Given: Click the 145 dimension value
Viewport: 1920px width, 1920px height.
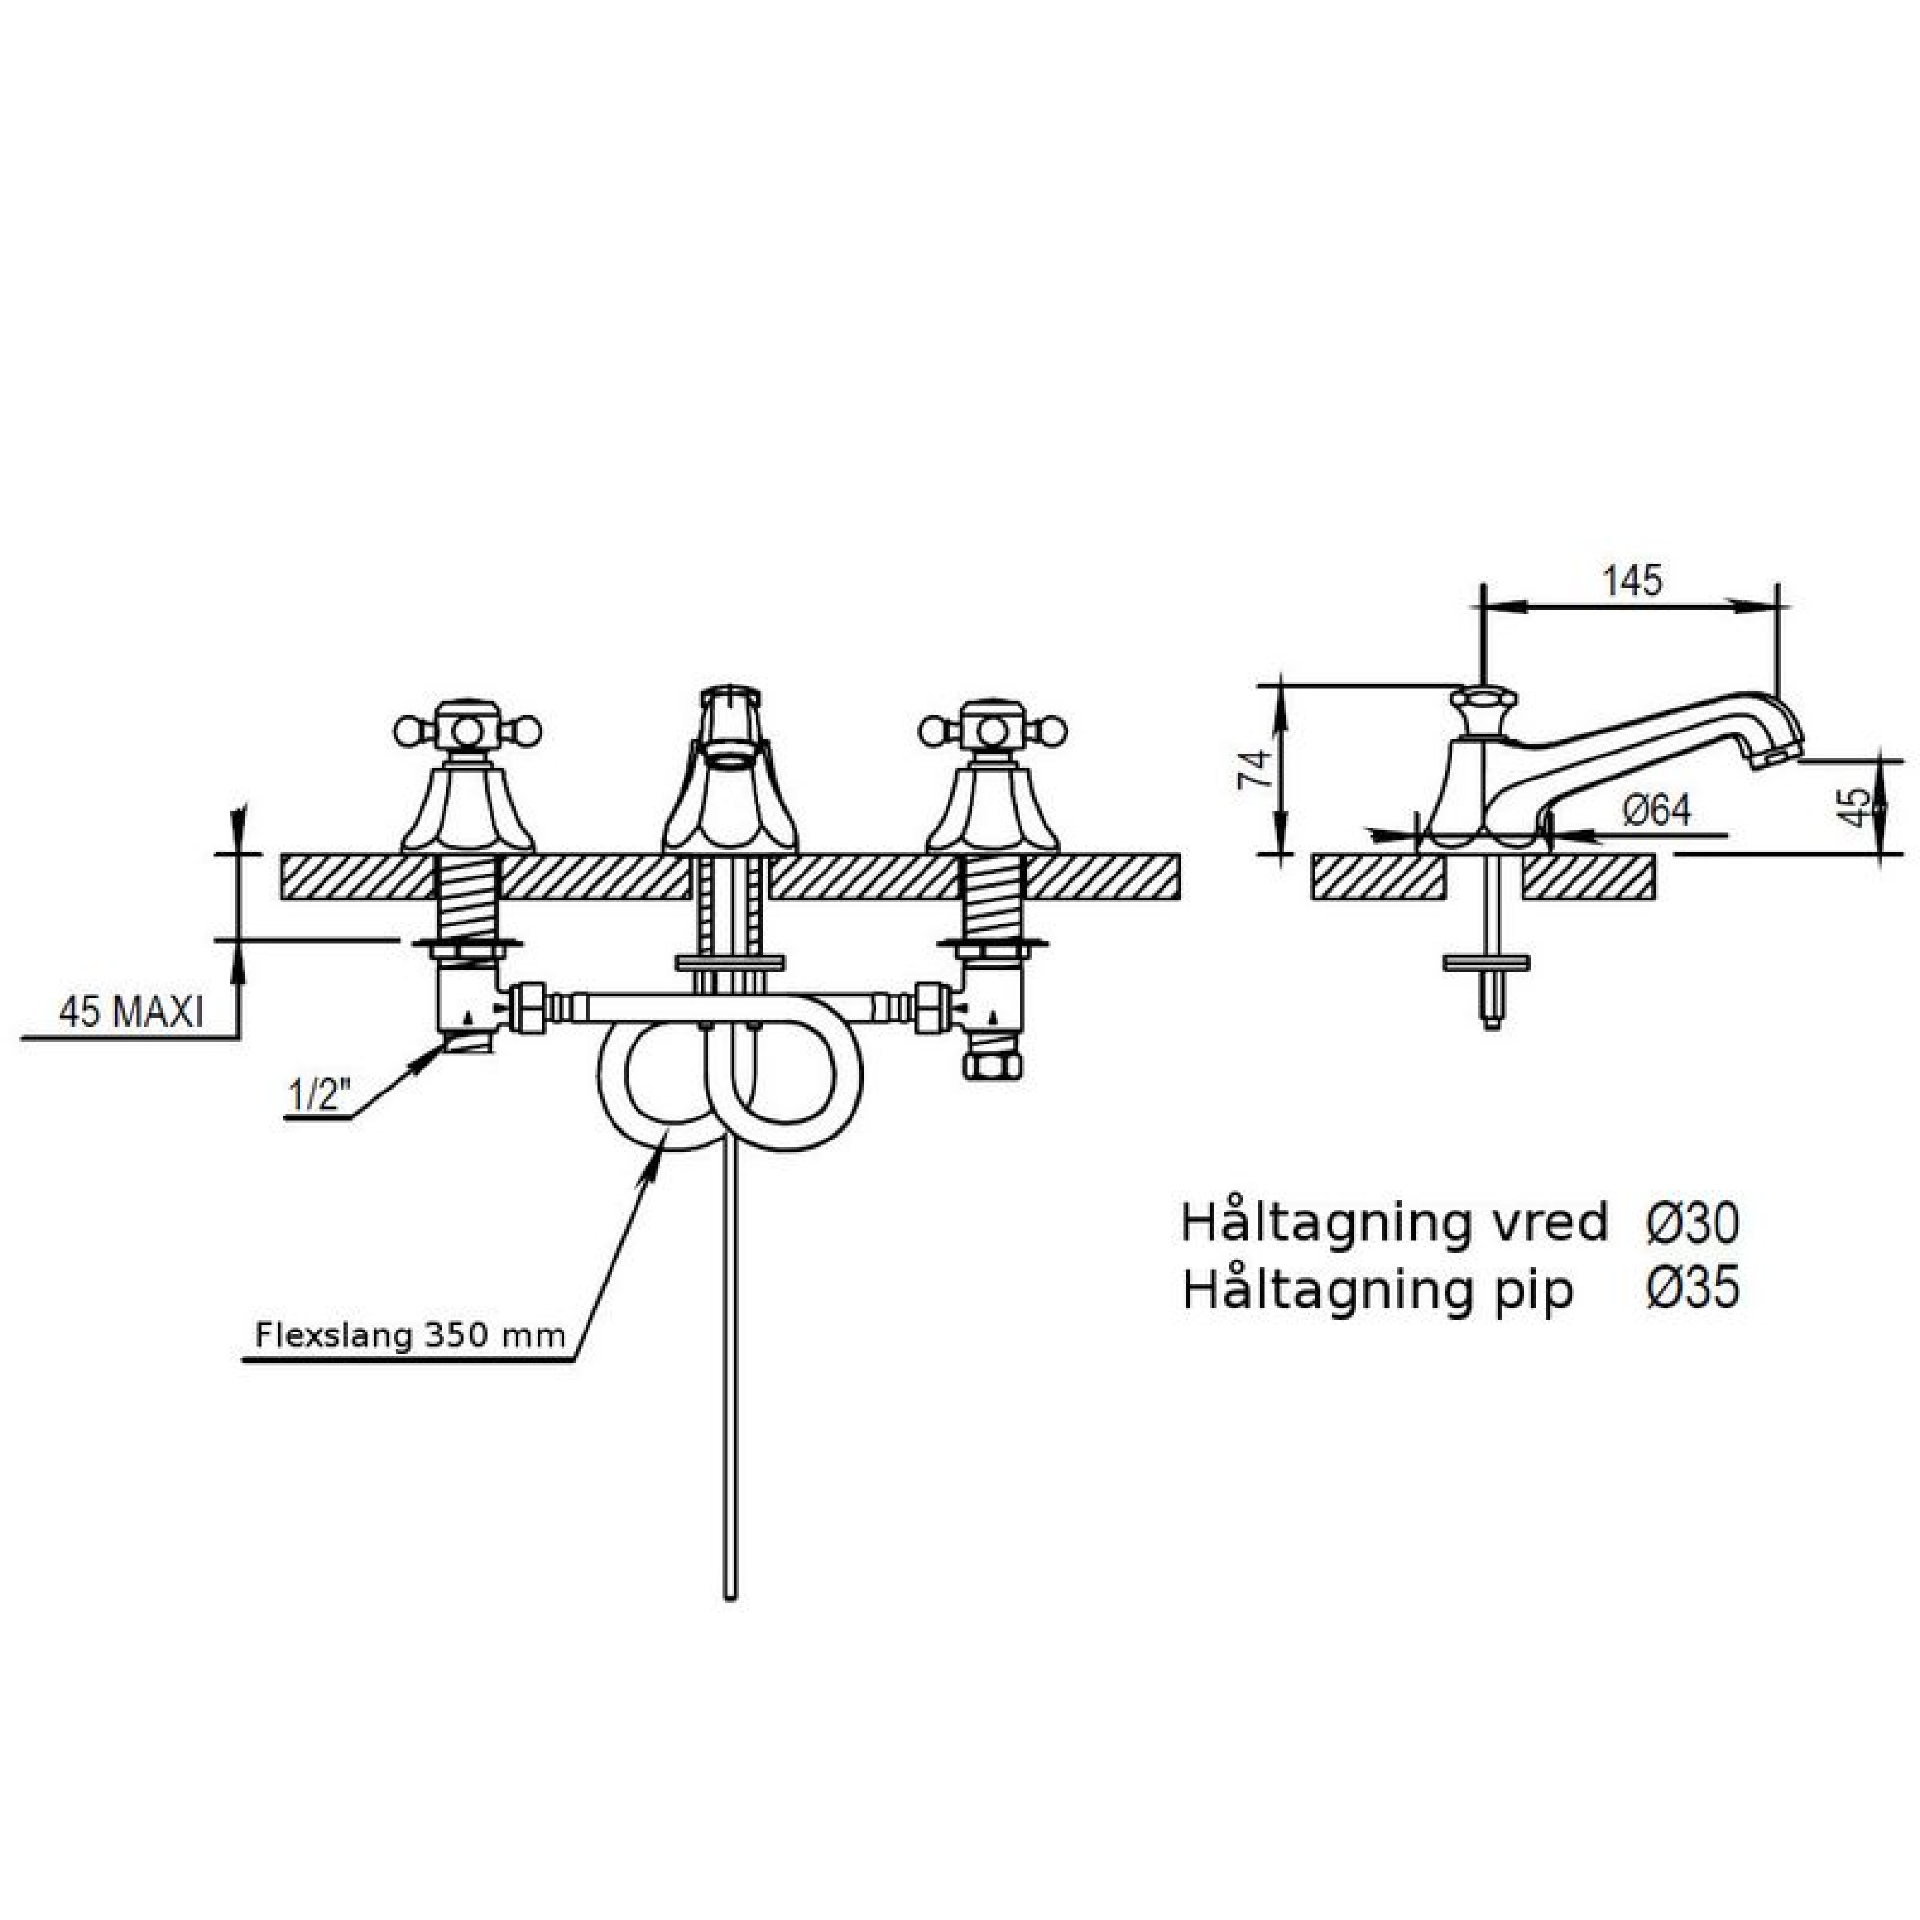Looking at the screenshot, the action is point(1632,581).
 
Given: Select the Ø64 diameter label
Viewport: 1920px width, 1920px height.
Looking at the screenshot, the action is point(1657,810).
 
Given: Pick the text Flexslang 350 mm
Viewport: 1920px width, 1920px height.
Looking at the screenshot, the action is point(411,1333).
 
